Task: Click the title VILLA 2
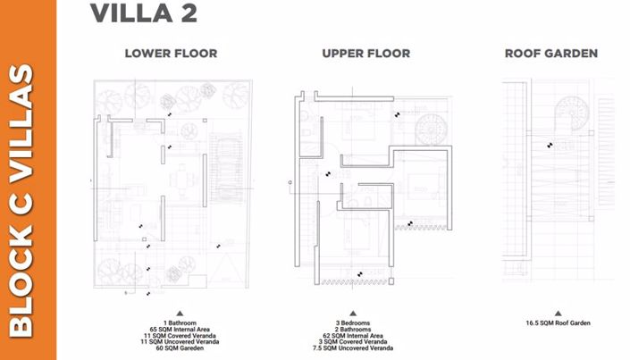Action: click(x=144, y=15)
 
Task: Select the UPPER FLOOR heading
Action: click(x=365, y=54)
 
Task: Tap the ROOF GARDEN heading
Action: click(x=550, y=54)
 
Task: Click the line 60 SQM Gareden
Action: click(x=179, y=347)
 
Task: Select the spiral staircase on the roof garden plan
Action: click(x=573, y=117)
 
